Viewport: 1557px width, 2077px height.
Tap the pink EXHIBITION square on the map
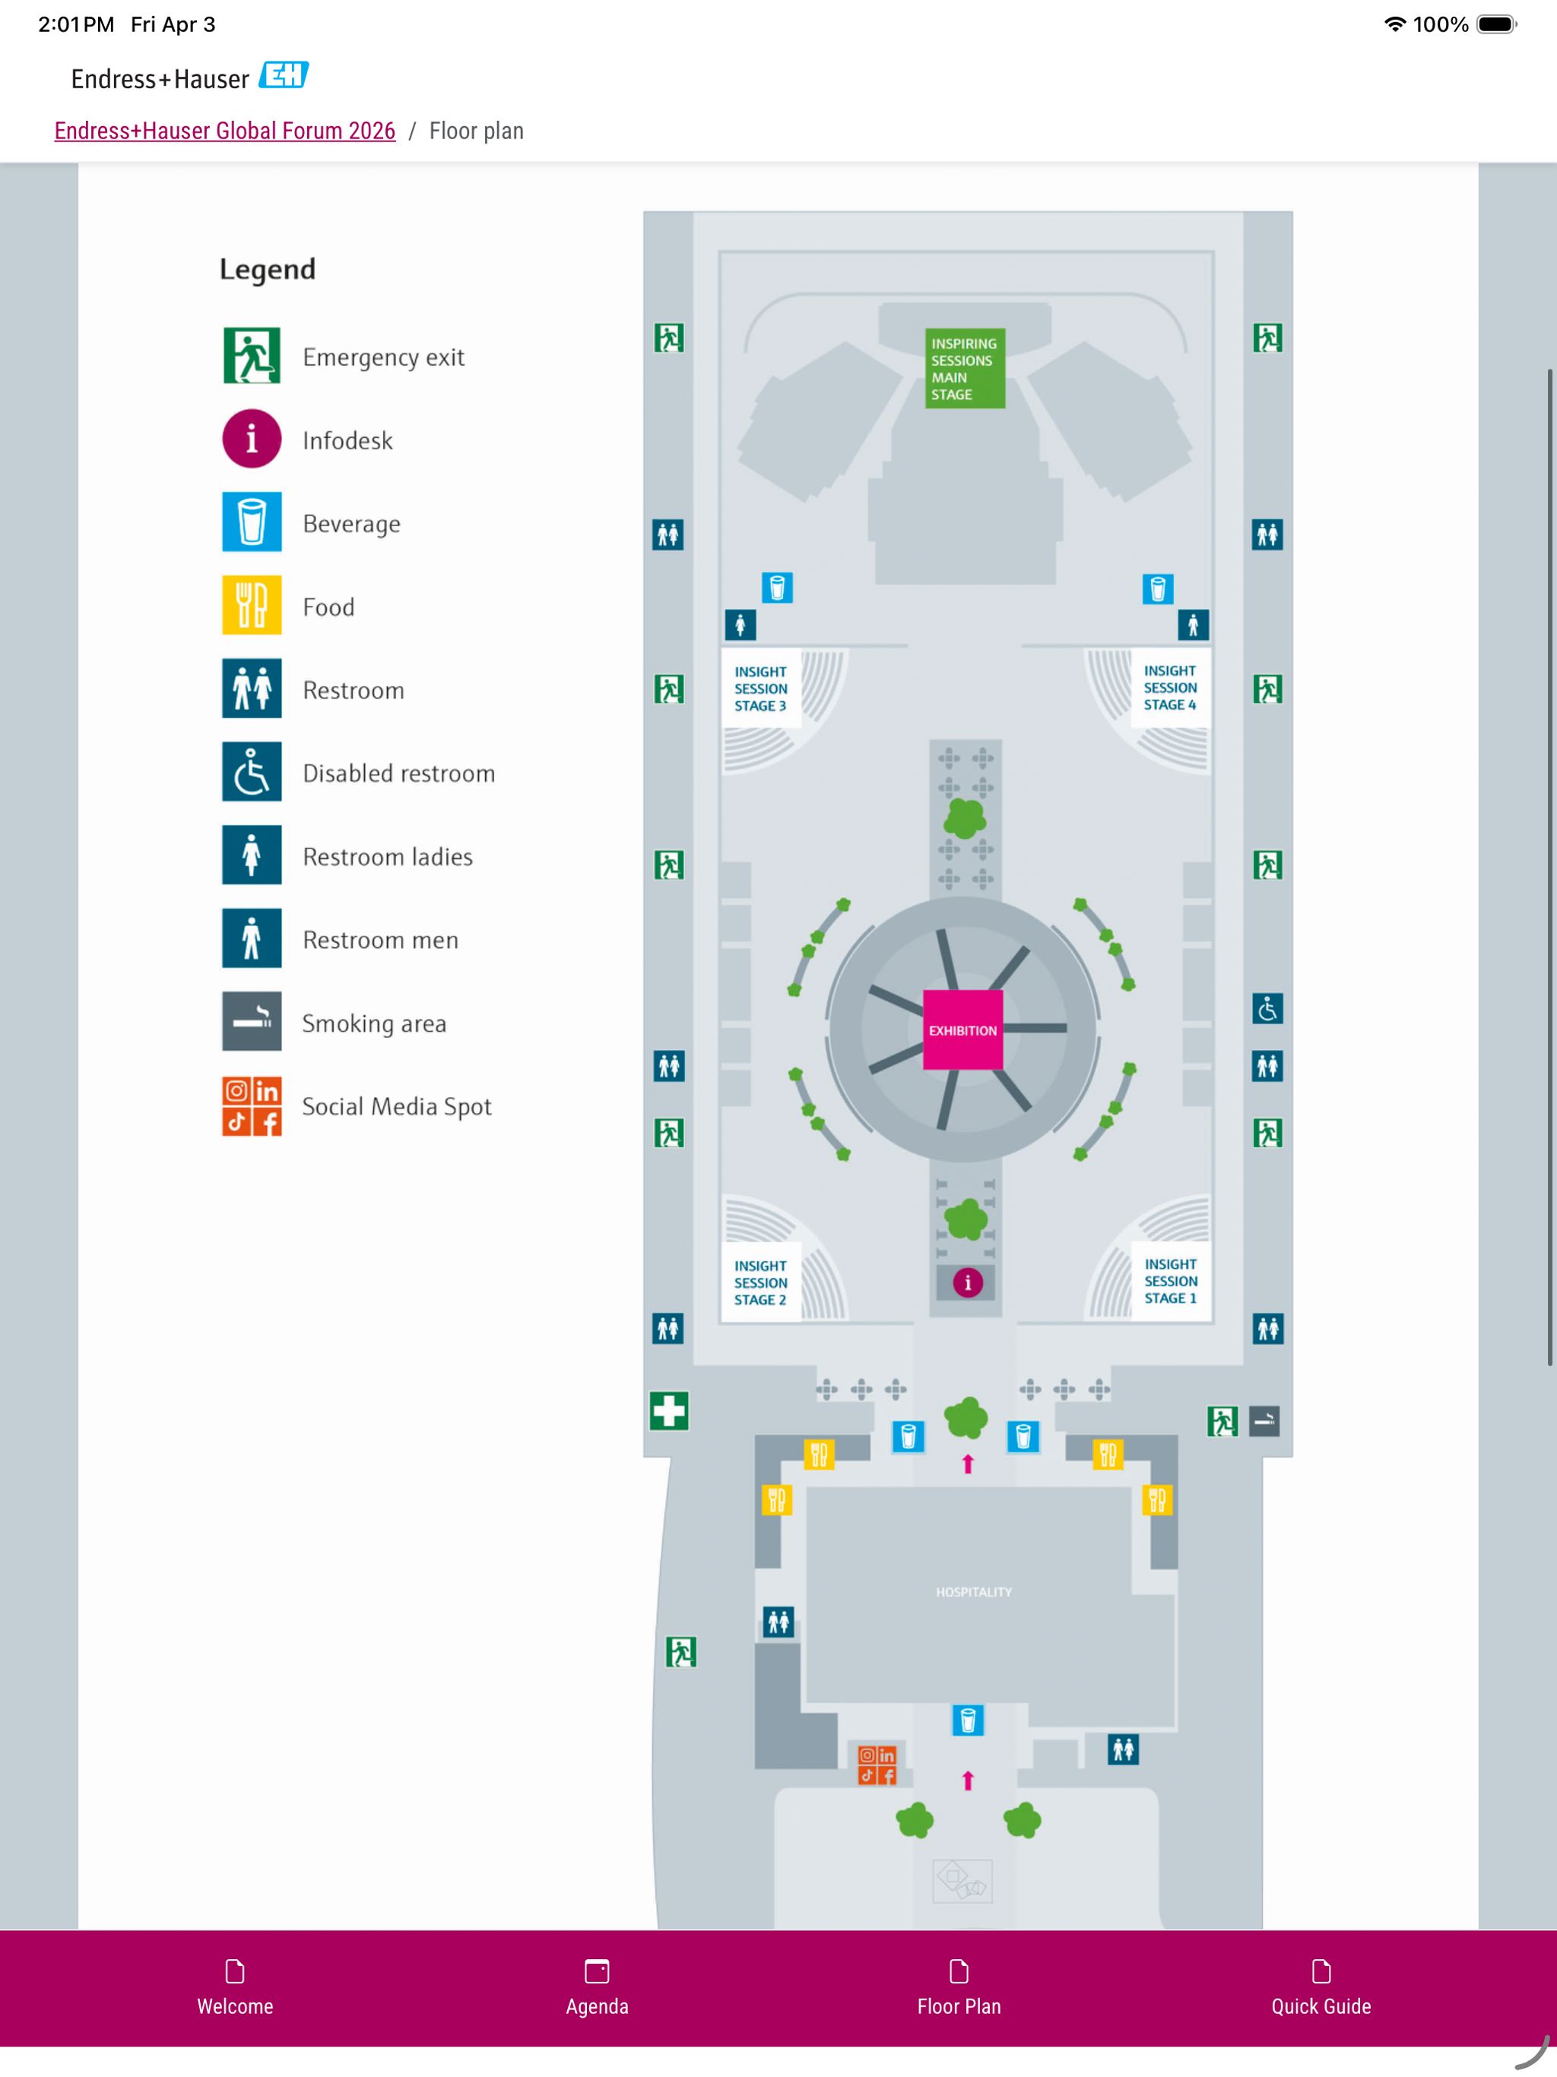962,1030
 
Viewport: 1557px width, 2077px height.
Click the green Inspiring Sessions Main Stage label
965,368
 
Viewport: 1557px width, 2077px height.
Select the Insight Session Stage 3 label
761,688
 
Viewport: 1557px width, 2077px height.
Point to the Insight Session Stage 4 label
1170,687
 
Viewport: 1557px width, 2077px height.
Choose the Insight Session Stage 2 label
761,1283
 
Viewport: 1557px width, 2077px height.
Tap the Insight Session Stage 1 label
1171,1281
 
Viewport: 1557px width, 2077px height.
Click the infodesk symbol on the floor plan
967,1283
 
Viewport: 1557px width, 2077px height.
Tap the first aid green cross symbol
668,1410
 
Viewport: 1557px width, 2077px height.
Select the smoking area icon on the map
1264,1421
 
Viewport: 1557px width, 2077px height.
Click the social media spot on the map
877,1765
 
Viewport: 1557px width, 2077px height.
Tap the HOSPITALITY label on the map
974,1591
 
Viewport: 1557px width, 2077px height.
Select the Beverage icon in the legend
252,522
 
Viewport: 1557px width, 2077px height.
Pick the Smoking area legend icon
252,1021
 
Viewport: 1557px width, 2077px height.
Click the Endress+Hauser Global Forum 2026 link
224,131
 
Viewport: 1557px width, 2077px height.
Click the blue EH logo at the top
284,75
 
